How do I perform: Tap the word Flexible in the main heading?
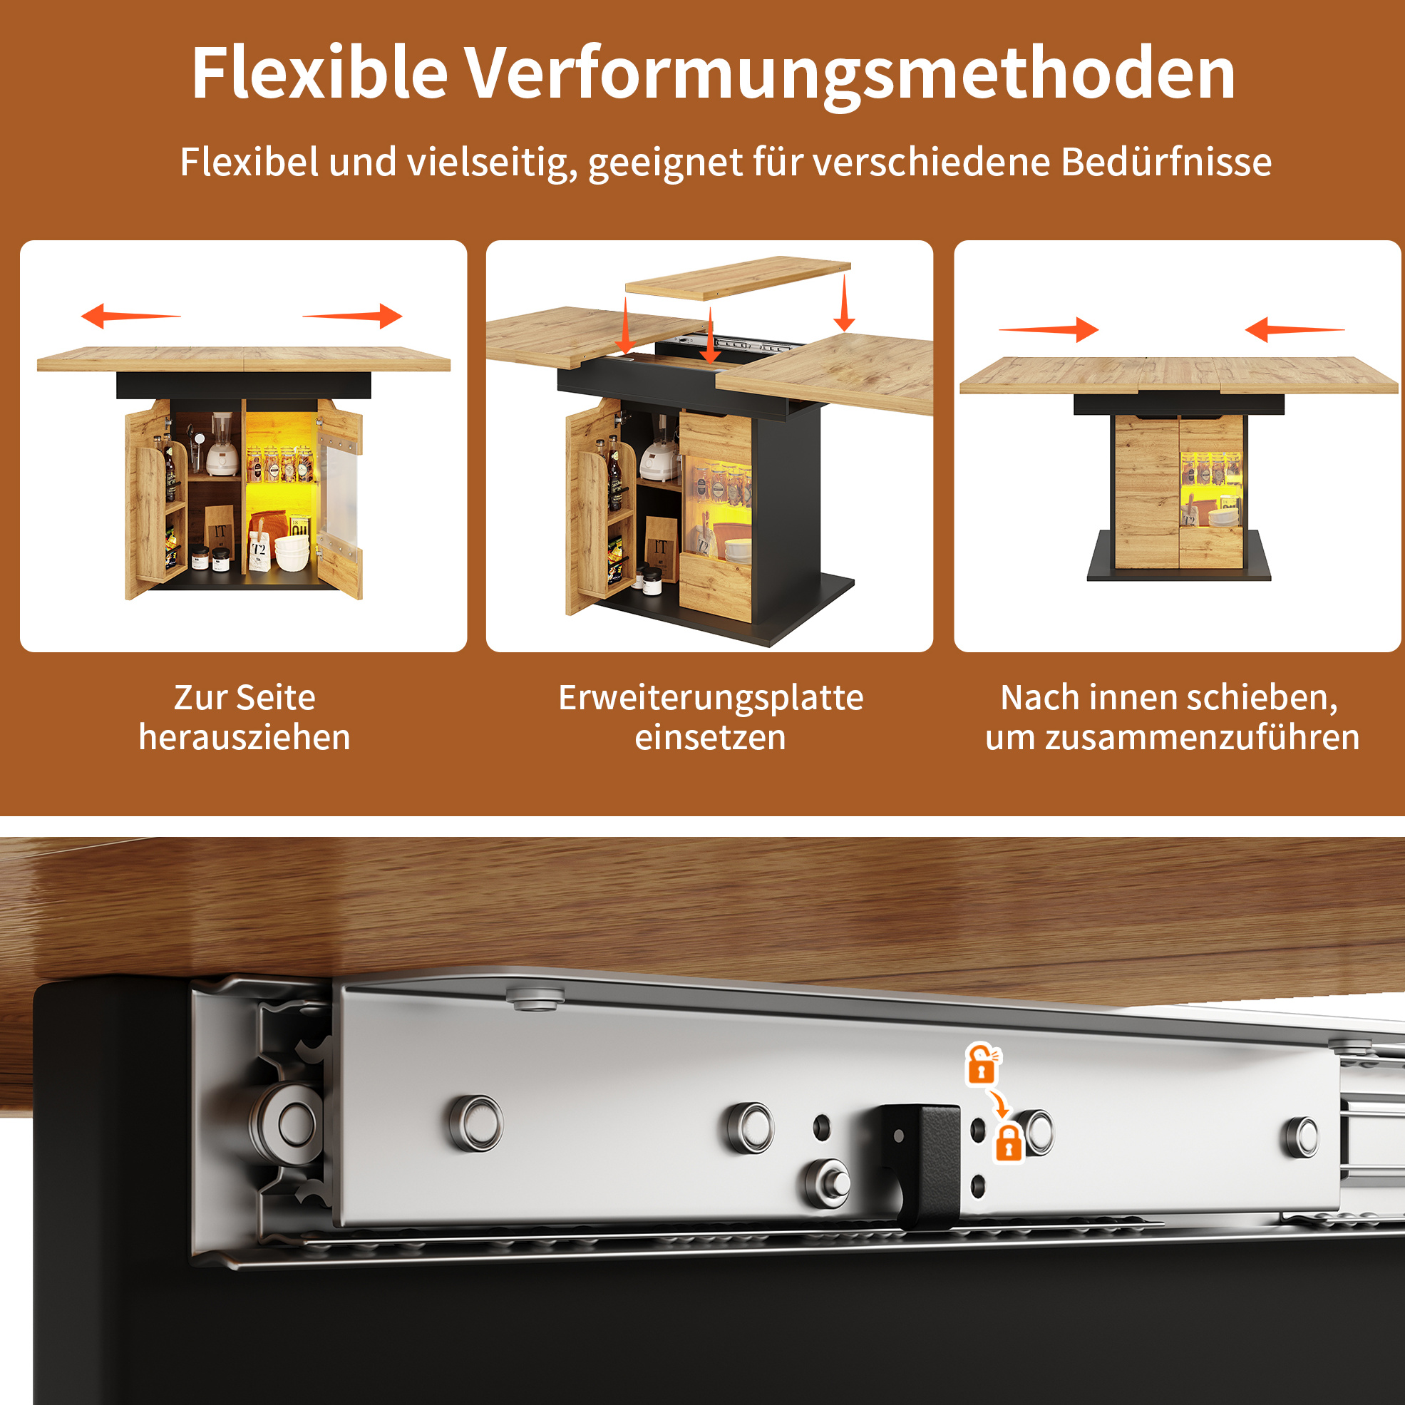point(319,73)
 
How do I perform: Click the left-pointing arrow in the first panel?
point(131,316)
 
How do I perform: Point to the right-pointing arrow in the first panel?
point(353,316)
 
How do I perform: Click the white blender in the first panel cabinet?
point(222,444)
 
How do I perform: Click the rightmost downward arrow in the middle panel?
point(843,303)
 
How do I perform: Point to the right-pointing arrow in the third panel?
point(1049,329)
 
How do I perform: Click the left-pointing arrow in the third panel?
point(1295,329)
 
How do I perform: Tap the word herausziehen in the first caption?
point(245,737)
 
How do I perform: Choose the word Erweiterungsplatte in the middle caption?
point(711,698)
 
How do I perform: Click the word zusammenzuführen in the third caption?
point(1203,737)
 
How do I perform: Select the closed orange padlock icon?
point(1009,1143)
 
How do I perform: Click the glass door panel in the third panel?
point(1210,490)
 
